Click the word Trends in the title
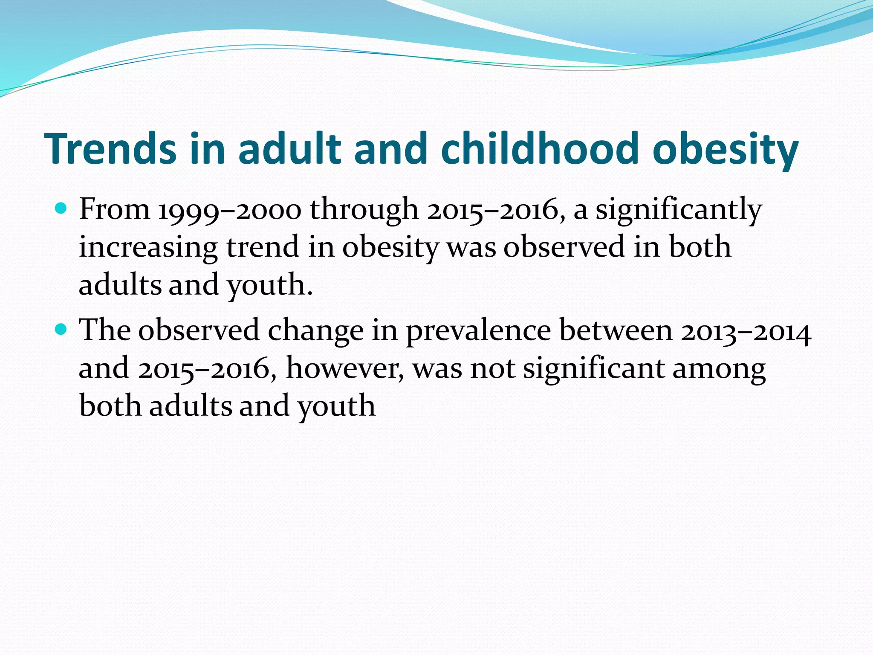pyautogui.click(x=110, y=148)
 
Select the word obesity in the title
pyautogui.click(x=725, y=149)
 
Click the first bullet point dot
pyautogui.click(x=62, y=209)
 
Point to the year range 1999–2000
pyautogui.click(x=230, y=210)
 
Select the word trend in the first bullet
pyautogui.click(x=263, y=247)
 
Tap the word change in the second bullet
pyautogui.click(x=316, y=331)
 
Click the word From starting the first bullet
pyautogui.click(x=114, y=209)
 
